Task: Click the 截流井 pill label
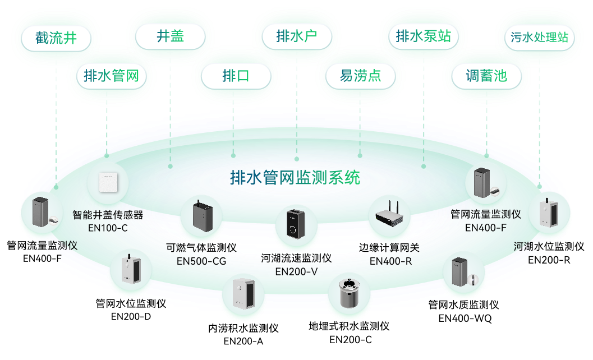[56, 39]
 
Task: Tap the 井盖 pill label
[170, 37]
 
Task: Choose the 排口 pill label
[236, 76]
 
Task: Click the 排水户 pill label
[297, 37]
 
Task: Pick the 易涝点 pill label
[360, 76]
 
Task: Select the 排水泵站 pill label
[423, 37]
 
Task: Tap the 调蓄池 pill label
[486, 76]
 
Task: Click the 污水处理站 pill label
[540, 38]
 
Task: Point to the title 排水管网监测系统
[295, 178]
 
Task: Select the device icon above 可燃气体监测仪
[201, 216]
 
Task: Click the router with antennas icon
[389, 215]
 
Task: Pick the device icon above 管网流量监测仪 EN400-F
[486, 183]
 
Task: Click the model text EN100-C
[108, 228]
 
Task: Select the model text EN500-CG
[201, 261]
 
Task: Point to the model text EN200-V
[296, 272]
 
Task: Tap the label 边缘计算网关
[389, 247]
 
